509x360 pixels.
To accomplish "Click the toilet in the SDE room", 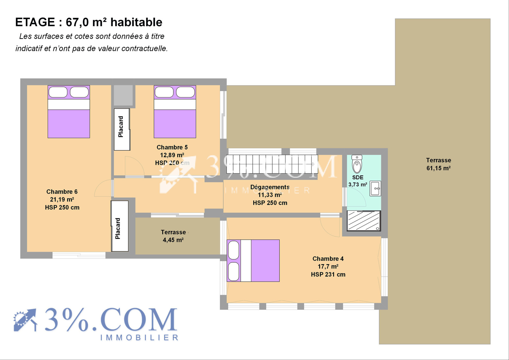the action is click(x=357, y=164).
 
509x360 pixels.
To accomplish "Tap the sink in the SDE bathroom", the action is click(x=375, y=188).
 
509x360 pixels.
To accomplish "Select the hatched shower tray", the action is click(x=364, y=221).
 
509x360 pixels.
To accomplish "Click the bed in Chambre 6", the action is click(x=69, y=112).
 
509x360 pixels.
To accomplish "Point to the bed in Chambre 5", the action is click(x=175, y=112).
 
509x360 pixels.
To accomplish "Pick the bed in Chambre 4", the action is click(x=253, y=261).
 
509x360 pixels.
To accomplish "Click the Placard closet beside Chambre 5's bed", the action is click(x=122, y=130).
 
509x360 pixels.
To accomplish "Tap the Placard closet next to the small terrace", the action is click(x=120, y=226).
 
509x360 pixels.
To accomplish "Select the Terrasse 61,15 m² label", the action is click(x=439, y=164).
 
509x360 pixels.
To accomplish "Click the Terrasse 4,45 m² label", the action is click(x=173, y=236).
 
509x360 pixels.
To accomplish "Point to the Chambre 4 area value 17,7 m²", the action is click(x=328, y=266).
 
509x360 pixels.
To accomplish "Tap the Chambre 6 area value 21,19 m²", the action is click(x=62, y=200).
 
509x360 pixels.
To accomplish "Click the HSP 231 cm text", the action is click(x=328, y=274).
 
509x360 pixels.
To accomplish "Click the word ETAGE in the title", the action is click(x=35, y=22).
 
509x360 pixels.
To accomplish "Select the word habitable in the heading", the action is click(x=136, y=22).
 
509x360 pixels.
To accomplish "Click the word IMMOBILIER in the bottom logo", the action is click(x=139, y=337).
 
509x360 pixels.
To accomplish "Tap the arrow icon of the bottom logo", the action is click(x=25, y=320).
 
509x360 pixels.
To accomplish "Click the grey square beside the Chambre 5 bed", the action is click(x=123, y=95).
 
